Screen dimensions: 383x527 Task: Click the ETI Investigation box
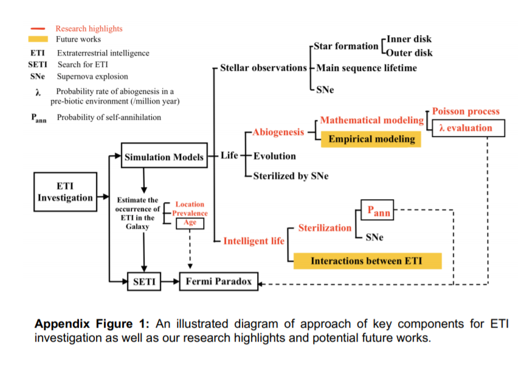point(65,192)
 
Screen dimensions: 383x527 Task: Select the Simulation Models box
point(164,157)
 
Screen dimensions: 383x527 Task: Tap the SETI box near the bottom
point(143,282)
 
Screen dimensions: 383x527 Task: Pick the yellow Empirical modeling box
point(371,139)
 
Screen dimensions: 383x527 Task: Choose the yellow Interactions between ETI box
point(367,261)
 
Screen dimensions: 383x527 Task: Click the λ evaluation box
point(469,128)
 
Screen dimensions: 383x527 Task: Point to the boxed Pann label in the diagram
point(377,211)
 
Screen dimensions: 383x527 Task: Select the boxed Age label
point(190,223)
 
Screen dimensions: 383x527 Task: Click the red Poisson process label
point(466,111)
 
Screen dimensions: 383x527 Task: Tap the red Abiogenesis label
point(278,132)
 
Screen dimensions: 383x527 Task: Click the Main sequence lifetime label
point(366,68)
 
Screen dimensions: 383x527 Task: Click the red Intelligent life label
point(253,241)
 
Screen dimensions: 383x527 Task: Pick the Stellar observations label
point(263,68)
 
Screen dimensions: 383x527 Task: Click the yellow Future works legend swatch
point(38,39)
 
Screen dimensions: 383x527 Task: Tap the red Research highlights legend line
point(38,29)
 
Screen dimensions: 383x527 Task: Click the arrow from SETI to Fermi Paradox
point(171,282)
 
